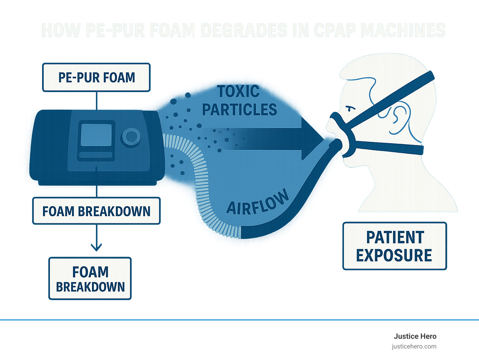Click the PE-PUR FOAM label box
pyautogui.click(x=96, y=77)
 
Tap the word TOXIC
pyautogui.click(x=239, y=92)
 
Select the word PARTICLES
pyautogui.click(x=239, y=110)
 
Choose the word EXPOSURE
pyautogui.click(x=394, y=255)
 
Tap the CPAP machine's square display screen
pyautogui.click(x=96, y=135)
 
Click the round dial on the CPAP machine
pyautogui.click(x=131, y=136)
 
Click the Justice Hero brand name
pyautogui.click(x=415, y=336)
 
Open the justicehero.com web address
pyautogui.click(x=414, y=346)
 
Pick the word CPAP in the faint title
pyautogui.click(x=335, y=31)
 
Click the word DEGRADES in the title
pyautogui.click(x=244, y=31)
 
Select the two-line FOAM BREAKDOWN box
pyautogui.click(x=90, y=279)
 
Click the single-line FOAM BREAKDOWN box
pyautogui.click(x=96, y=211)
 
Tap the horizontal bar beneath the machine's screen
pyautogui.click(x=95, y=155)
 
